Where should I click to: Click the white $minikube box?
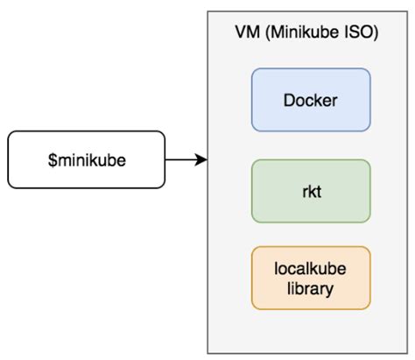[85, 159]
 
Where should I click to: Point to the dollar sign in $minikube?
[51, 160]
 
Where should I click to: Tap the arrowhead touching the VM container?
[201, 159]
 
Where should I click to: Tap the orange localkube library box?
[311, 278]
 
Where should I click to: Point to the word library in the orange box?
[311, 287]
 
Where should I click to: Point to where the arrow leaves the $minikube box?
[165, 159]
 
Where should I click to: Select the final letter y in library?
[331, 289]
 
